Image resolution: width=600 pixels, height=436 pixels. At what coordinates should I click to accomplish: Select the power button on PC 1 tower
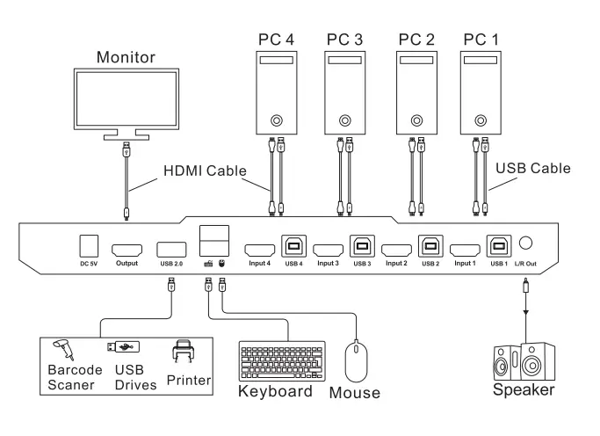coord(479,119)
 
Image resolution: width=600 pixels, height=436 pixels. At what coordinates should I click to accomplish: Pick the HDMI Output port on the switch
coord(127,249)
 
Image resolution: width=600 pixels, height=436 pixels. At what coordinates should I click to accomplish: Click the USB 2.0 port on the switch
coord(170,249)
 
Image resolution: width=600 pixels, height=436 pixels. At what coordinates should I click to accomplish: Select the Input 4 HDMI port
coord(258,249)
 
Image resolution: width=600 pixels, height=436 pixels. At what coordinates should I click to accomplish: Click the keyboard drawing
coord(281,360)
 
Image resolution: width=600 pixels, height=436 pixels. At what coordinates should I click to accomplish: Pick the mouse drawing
coord(356,360)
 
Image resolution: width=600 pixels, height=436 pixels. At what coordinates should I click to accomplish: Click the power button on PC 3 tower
coord(343,119)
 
